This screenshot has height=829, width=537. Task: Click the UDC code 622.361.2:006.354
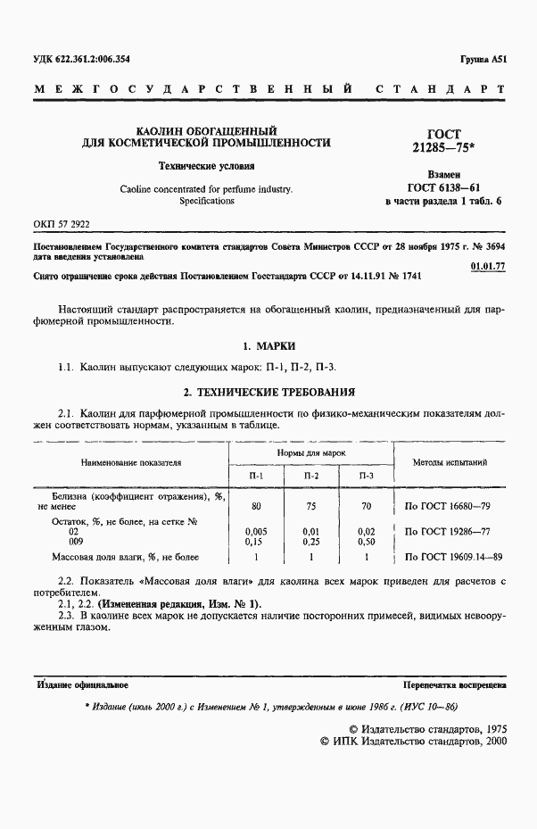[79, 60]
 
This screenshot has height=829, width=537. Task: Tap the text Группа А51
[483, 60]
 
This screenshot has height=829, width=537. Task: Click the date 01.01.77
[487, 267]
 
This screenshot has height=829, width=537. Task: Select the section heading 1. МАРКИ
[268, 345]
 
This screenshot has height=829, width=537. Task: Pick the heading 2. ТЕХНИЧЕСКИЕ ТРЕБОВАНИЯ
[268, 391]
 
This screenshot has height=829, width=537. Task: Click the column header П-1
[256, 477]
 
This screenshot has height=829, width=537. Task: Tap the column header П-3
[365, 477]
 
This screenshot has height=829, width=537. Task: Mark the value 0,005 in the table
[256, 531]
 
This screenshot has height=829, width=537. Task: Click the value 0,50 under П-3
[365, 541]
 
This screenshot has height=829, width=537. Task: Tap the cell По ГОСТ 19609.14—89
[453, 557]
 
